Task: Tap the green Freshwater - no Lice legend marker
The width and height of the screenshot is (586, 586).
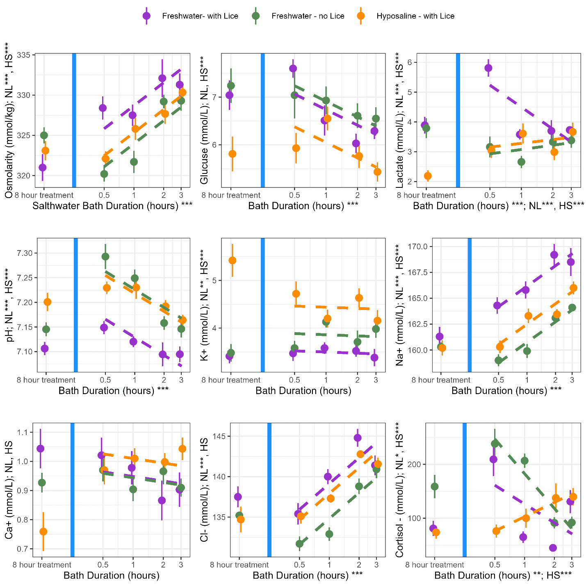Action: coord(256,16)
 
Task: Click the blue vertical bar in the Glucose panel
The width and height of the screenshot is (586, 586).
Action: coord(262,120)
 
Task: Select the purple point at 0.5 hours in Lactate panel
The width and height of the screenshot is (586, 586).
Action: coord(488,68)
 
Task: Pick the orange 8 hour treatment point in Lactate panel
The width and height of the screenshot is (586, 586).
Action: coord(428,176)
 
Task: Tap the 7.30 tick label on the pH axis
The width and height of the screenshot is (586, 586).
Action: coord(24,253)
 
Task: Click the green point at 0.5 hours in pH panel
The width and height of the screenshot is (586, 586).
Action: coord(105,257)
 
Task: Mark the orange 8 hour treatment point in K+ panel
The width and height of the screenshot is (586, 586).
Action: coord(233,260)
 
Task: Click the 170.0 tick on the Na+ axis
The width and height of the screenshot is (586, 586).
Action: coord(417,246)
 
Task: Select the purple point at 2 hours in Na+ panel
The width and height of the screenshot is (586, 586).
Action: coord(554,255)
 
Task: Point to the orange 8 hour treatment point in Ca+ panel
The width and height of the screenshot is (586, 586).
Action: coord(43,531)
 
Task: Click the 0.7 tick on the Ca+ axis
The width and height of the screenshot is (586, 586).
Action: coord(24,549)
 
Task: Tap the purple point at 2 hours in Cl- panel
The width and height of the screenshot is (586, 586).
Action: coord(358,438)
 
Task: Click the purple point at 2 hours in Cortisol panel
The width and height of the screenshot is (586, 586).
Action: coord(553,548)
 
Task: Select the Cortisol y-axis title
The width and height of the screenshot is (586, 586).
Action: coord(399,490)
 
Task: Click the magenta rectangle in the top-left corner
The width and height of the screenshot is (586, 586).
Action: coord(62,16)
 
